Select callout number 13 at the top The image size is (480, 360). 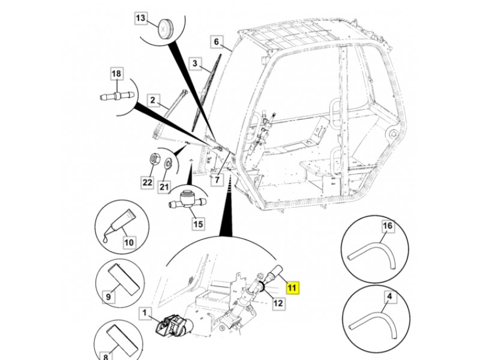pyautogui.click(x=140, y=19)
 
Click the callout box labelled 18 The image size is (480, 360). pyautogui.click(x=116, y=74)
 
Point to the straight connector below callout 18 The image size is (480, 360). pyautogui.click(x=115, y=95)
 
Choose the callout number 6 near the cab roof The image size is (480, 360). pyautogui.click(x=217, y=42)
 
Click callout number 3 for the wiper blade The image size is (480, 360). pyautogui.click(x=194, y=63)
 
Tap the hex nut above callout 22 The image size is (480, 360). pyautogui.click(x=154, y=161)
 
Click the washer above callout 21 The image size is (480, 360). pyautogui.click(x=168, y=162)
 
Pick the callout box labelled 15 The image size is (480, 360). pyautogui.click(x=197, y=225)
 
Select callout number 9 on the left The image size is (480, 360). pyautogui.click(x=108, y=296)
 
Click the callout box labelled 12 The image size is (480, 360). pyautogui.click(x=278, y=303)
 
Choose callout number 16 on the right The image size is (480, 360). pyautogui.click(x=388, y=226)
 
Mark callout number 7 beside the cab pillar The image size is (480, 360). pyautogui.click(x=217, y=179)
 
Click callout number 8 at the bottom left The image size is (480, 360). pyautogui.click(x=108, y=355)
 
